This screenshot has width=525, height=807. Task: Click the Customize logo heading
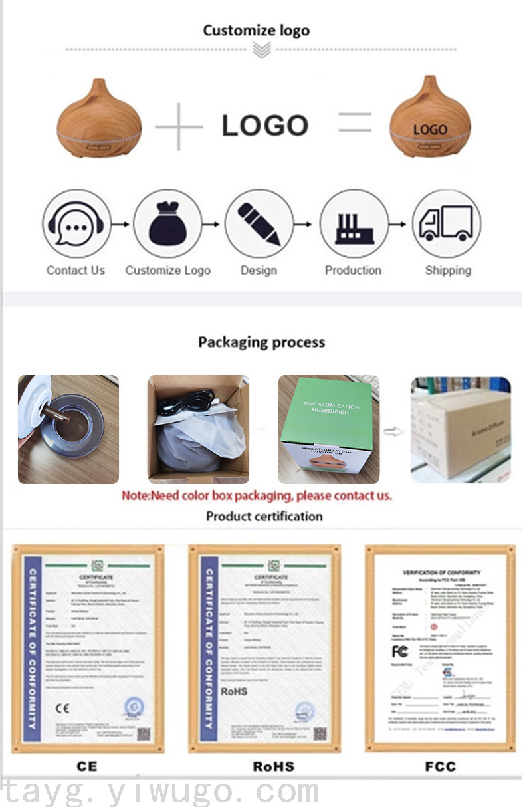point(256,30)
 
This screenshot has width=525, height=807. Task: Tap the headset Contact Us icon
point(75,224)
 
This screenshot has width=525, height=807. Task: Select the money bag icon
point(167,224)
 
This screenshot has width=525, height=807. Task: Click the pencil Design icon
point(259,224)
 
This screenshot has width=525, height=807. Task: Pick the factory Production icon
point(354,224)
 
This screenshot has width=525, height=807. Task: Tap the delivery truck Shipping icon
point(446,224)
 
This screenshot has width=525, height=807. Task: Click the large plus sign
point(179,126)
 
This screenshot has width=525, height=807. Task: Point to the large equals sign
point(355,124)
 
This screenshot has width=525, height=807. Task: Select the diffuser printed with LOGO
point(429,119)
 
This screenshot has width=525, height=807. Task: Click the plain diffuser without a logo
point(99,119)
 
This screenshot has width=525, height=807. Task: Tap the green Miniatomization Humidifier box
point(328,429)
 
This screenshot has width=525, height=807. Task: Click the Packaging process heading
point(261,342)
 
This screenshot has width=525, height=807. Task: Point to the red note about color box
point(257,495)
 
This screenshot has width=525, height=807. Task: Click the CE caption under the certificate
point(86,766)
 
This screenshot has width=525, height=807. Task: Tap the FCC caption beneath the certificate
point(440,766)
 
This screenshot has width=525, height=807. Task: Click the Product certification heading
point(264,516)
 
